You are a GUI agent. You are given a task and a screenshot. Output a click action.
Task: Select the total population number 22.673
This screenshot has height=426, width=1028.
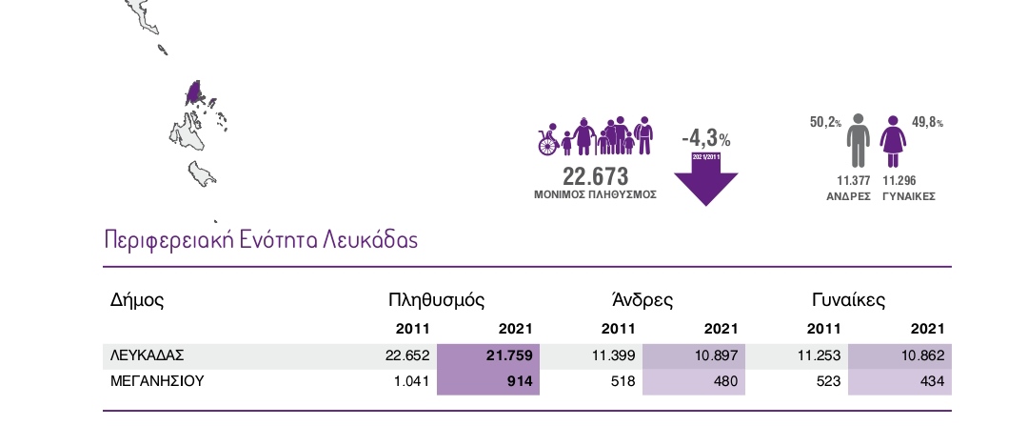coord(596,176)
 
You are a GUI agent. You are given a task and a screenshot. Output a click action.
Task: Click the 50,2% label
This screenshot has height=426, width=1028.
coord(825,122)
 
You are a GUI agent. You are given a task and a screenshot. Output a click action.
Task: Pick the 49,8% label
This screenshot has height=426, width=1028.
coord(928,122)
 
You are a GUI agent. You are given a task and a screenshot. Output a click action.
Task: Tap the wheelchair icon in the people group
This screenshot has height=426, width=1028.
coord(548,142)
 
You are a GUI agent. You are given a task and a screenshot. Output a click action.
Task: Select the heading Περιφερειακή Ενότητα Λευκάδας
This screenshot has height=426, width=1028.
coord(260,239)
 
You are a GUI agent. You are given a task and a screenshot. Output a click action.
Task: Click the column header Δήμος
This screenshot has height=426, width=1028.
coord(138,300)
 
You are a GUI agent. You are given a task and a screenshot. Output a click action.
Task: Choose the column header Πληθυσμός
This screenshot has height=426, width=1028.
coord(437,300)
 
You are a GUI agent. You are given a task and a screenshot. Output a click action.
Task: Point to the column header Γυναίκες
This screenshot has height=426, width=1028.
coord(849,300)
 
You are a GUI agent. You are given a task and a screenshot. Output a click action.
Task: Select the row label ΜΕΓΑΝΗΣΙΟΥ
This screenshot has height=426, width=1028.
coord(157,381)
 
